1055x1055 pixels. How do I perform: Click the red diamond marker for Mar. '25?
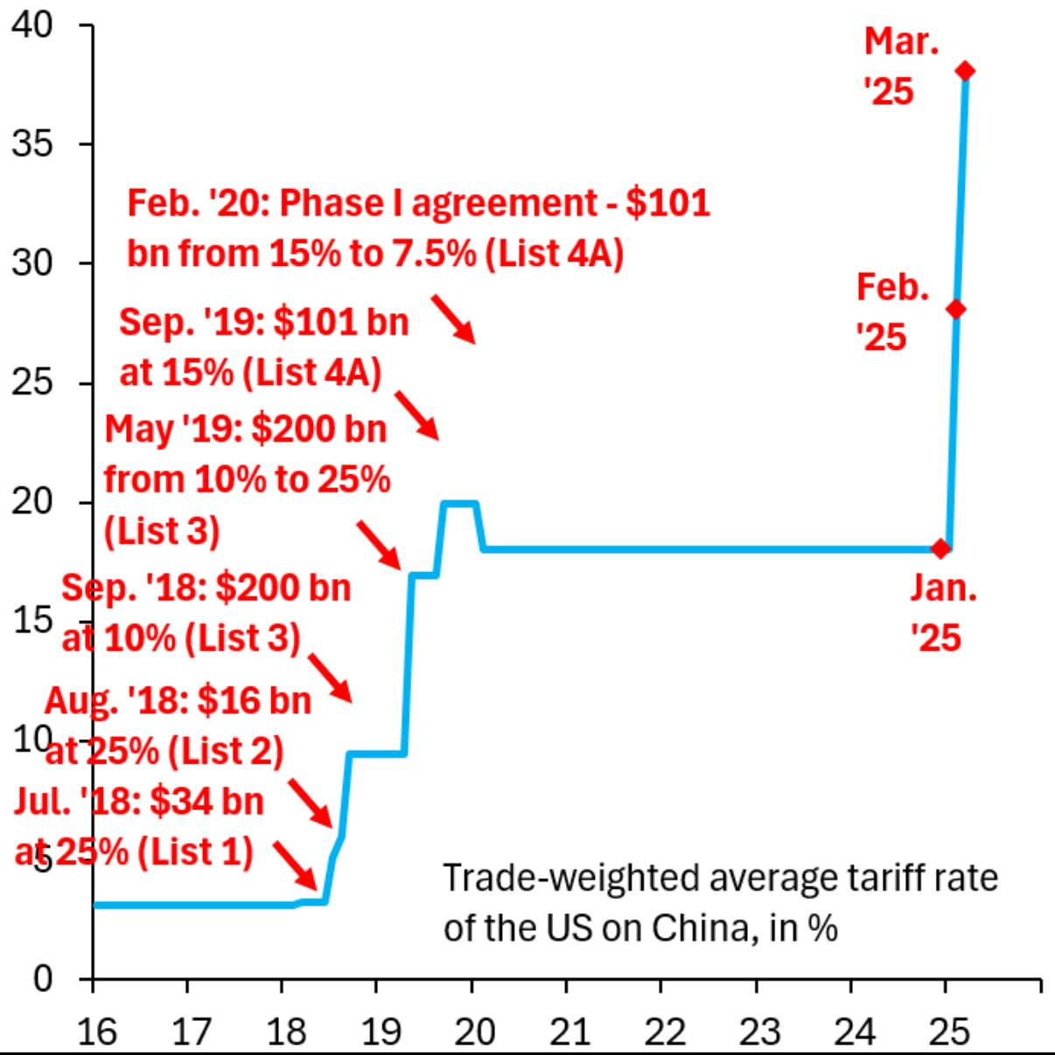coord(965,71)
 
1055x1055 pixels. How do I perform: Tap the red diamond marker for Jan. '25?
coord(940,548)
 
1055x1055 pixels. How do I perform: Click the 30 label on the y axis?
coord(32,262)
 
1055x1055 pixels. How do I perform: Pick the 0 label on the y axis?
coord(43,978)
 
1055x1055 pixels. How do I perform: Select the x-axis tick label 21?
coord(569,1032)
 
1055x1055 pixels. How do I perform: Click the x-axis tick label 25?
coord(948,1032)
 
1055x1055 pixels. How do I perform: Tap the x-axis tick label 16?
coord(96,1032)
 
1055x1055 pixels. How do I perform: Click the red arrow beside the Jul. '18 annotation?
coord(295,864)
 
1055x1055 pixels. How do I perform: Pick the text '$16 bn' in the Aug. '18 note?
coord(254,700)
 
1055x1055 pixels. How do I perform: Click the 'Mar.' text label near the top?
coord(901,41)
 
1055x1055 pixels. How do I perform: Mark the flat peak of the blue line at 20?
coord(460,503)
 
